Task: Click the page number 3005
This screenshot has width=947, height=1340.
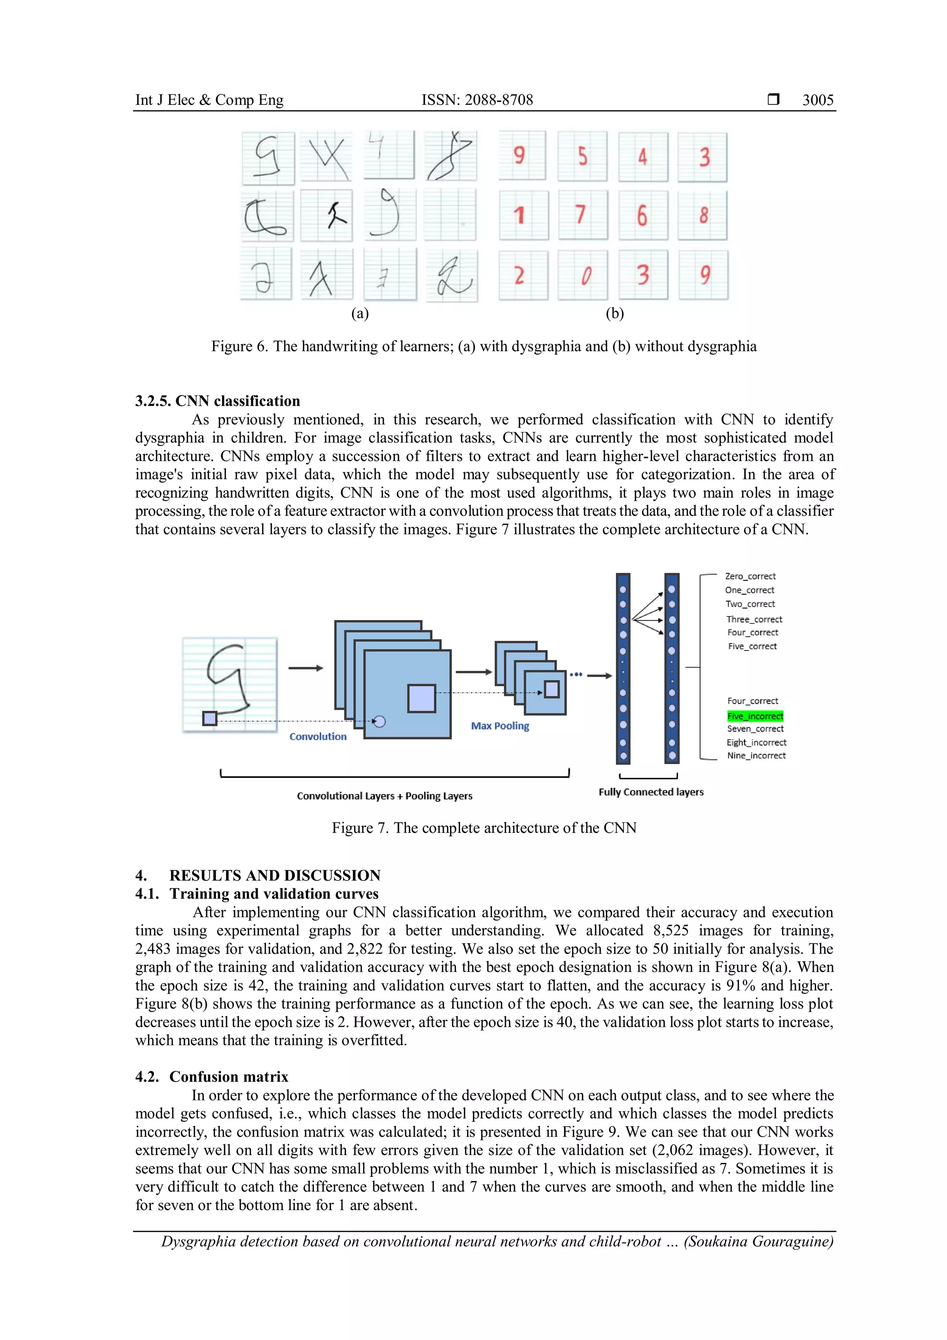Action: pos(817,100)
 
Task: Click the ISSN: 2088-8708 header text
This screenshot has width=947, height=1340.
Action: pos(477,100)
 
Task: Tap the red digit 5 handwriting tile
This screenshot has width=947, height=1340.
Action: pos(582,156)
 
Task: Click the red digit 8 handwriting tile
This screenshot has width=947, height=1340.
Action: pos(703,215)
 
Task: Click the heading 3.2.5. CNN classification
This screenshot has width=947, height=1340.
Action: pos(217,401)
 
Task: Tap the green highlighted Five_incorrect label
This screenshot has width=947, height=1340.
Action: pos(755,716)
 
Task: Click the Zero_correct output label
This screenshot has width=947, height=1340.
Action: pos(750,576)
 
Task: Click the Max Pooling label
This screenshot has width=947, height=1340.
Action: pos(500,726)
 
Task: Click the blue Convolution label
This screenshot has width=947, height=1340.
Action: pos(318,737)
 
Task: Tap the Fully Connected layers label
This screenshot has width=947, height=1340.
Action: pos(651,792)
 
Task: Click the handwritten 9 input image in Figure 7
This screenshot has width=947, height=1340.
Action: pos(230,684)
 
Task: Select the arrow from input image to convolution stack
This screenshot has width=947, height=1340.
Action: pos(305,668)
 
